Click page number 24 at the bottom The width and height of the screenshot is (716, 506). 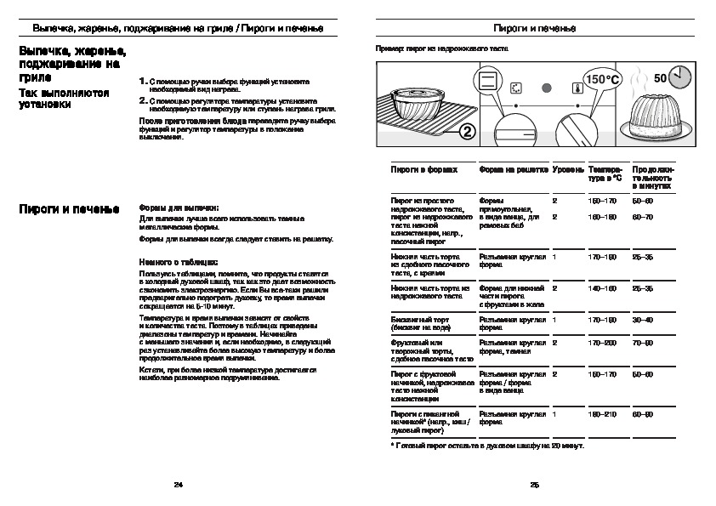coord(178,485)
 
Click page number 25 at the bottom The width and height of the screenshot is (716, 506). coord(535,485)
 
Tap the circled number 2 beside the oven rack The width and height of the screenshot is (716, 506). coord(467,131)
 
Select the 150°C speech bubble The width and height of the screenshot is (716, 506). coord(603,79)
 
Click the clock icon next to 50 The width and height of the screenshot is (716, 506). coord(679,79)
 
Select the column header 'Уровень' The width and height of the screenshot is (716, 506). coord(567,170)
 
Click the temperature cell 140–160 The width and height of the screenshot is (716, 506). coord(602,288)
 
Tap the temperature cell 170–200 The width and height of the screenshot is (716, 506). coord(602,343)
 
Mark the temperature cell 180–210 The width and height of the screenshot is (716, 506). coord(602,413)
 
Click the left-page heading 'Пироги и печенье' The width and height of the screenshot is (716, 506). coord(64,208)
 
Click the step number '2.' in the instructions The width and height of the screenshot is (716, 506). coord(143,99)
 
